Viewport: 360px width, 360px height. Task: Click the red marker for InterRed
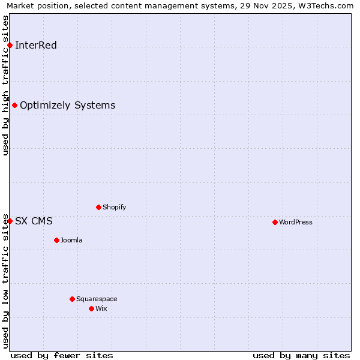(10, 45)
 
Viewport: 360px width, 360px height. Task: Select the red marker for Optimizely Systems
(14, 106)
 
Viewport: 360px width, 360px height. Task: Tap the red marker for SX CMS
(10, 221)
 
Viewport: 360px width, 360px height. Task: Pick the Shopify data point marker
(98, 207)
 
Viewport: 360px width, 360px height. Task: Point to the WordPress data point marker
(275, 222)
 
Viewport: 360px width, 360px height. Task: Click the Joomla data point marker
(56, 240)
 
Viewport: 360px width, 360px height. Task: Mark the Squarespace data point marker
(72, 299)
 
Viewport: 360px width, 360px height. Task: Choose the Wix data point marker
(91, 308)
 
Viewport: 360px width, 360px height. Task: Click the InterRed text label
(36, 46)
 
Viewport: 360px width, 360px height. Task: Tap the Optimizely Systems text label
(67, 106)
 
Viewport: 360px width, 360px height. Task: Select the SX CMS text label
(34, 221)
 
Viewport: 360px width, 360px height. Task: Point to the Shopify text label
(114, 208)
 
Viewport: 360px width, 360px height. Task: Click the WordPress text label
(296, 223)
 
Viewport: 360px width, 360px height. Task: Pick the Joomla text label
(71, 241)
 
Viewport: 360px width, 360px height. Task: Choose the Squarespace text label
(97, 299)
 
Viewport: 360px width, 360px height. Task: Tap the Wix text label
(101, 309)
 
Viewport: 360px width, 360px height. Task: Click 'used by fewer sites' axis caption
(62, 356)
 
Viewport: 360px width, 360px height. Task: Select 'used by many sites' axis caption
(301, 356)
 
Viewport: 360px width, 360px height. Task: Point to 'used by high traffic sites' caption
(6, 85)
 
